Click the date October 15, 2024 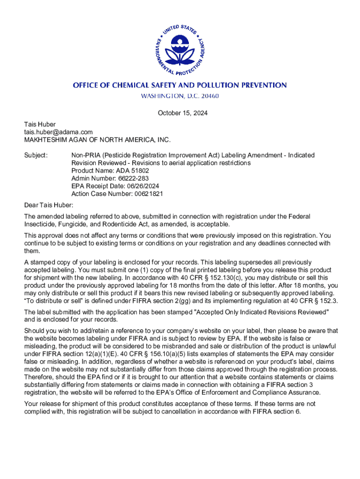tap(182, 113)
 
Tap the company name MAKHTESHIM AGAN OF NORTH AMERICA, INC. tap(98, 139)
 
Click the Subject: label tap(36, 155)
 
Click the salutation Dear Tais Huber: tap(49, 205)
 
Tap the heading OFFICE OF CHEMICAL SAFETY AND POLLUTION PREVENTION tap(180, 85)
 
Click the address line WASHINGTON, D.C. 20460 tap(180, 96)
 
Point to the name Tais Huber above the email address tap(40, 124)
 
